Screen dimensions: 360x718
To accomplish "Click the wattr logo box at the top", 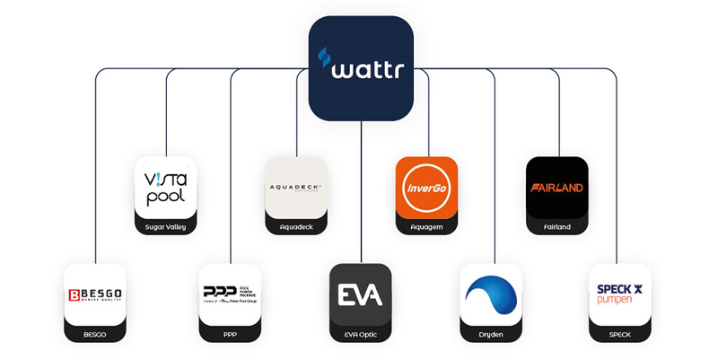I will [x=361, y=68].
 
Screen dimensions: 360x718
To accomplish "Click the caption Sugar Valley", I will [x=165, y=227].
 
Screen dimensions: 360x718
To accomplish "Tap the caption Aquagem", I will [x=426, y=227].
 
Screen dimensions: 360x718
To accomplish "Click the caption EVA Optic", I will [x=361, y=334].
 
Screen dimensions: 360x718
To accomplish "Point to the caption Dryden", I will [x=491, y=334].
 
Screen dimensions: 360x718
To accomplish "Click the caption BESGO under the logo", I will [x=96, y=334].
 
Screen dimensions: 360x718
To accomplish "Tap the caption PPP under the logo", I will [x=230, y=334].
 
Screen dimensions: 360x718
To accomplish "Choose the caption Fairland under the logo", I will [x=557, y=227].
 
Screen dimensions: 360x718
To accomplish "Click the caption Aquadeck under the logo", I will [x=296, y=227].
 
